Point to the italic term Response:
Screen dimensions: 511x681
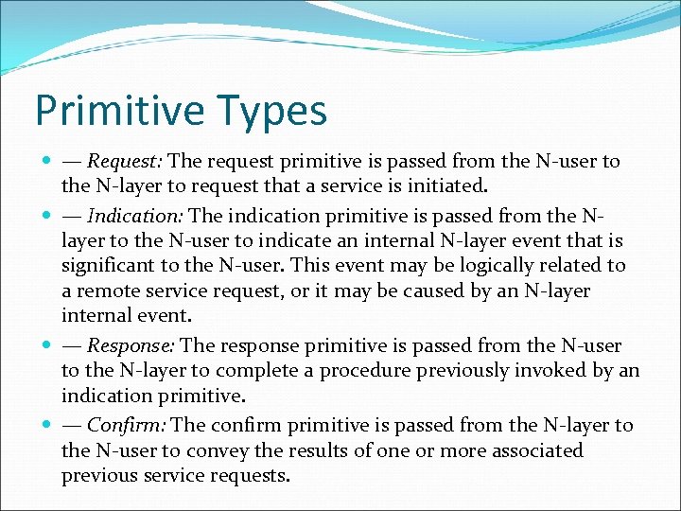coord(136,345)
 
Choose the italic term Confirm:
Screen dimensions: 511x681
coord(131,425)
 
